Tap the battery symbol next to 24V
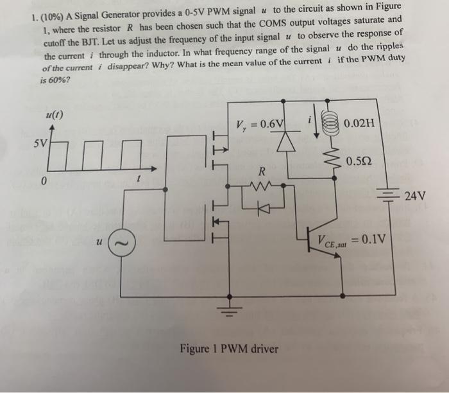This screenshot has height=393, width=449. point(387,195)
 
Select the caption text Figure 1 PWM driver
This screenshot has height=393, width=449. point(229,349)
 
